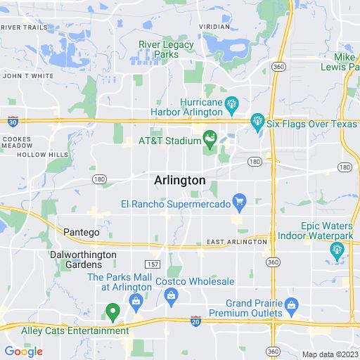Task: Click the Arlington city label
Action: click(179, 180)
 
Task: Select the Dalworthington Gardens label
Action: click(75, 259)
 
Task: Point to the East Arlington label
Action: click(237, 242)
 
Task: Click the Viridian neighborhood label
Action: click(214, 27)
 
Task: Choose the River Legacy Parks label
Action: click(165, 48)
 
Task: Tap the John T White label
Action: click(28, 75)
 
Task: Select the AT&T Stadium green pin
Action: click(209, 137)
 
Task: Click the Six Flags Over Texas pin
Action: click(257, 122)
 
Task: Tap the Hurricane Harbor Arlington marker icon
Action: click(231, 106)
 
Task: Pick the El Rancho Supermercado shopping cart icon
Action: click(239, 203)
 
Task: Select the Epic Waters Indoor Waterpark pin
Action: click(337, 250)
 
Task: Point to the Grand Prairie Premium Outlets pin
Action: click(292, 305)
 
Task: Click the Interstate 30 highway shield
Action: click(13, 122)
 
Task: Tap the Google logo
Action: click(23, 351)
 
